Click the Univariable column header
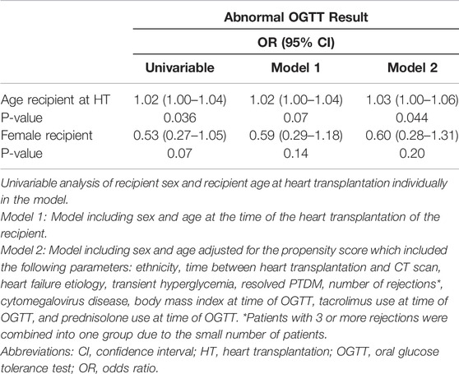click(x=180, y=68)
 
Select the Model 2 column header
click(x=412, y=68)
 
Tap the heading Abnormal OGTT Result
click(x=296, y=17)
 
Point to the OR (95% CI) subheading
click(x=296, y=43)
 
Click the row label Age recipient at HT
click(x=55, y=100)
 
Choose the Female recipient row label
click(x=47, y=136)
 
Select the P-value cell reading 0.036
click(x=180, y=118)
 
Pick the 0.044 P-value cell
click(x=412, y=118)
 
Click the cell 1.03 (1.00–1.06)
click(x=412, y=100)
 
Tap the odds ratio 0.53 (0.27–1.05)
click(x=180, y=136)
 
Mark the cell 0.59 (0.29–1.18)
click(x=296, y=136)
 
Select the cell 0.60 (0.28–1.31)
click(x=412, y=136)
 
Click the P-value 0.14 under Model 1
click(x=296, y=154)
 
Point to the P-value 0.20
click(x=412, y=154)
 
